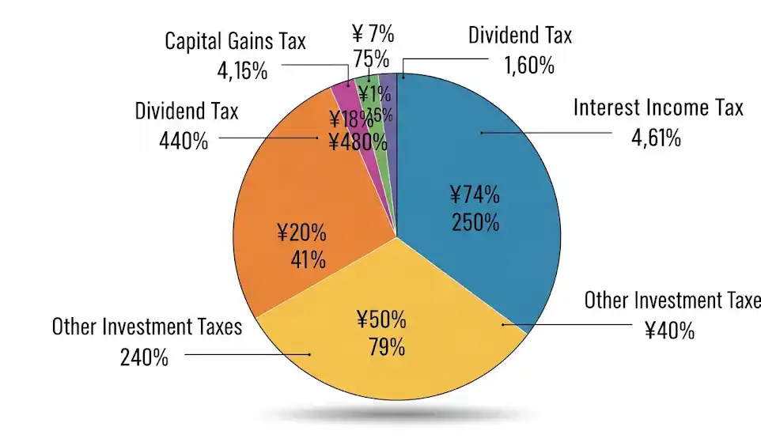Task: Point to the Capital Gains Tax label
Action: [235, 41]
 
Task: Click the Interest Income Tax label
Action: [658, 108]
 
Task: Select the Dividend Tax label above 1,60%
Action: [520, 35]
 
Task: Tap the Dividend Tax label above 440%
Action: [187, 111]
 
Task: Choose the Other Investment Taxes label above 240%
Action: [147, 326]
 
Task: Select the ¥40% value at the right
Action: [668, 330]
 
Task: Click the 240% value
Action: [144, 357]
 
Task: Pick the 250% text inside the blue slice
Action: [476, 222]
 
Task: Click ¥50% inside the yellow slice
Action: [381, 319]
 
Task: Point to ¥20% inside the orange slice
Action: [301, 232]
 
